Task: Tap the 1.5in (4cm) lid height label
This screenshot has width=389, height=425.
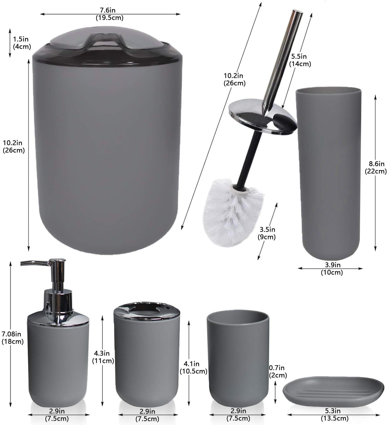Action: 22,43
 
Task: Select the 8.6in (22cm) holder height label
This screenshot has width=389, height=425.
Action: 376,167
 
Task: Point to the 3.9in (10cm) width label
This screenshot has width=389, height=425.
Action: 331,269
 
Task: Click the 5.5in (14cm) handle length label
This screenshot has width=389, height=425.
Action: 300,60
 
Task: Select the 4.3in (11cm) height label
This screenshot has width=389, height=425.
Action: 103,357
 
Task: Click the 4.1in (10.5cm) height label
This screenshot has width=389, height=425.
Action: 193,367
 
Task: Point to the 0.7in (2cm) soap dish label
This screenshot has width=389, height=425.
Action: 278,372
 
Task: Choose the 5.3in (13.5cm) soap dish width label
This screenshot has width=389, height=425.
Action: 335,414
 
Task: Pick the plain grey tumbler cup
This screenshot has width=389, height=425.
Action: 237,357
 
